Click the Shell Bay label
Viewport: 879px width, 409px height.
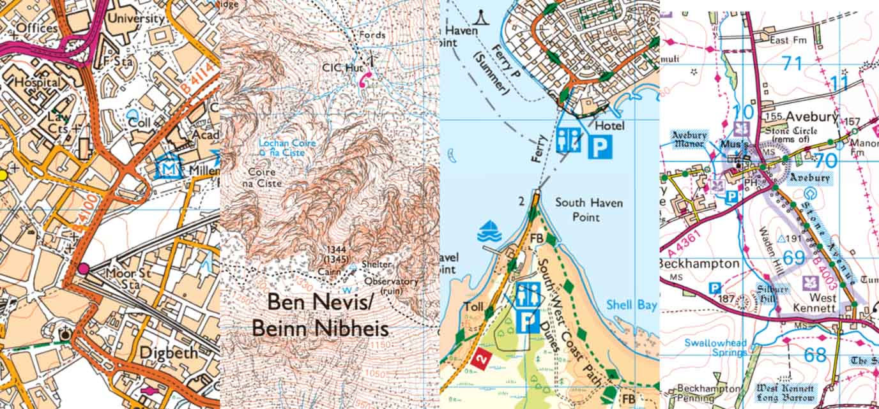(631, 305)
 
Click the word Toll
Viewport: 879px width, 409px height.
(475, 307)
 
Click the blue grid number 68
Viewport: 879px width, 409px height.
(814, 355)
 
